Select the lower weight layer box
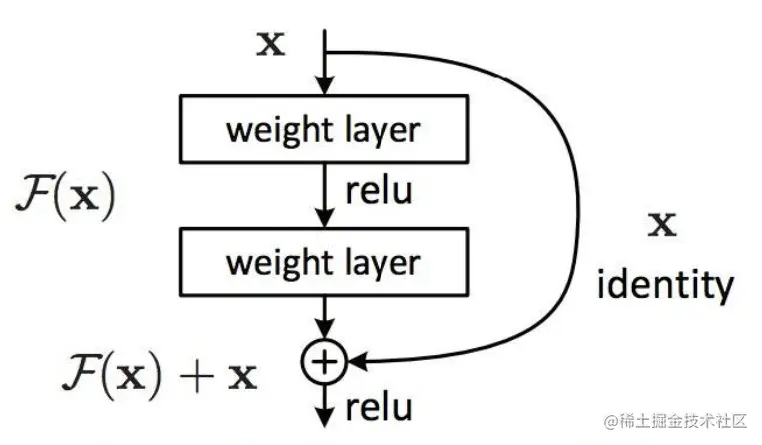(323, 264)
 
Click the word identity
(664, 286)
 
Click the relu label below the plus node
(379, 407)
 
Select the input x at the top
(269, 45)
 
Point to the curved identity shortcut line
(577, 200)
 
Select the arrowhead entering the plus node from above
(323, 334)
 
